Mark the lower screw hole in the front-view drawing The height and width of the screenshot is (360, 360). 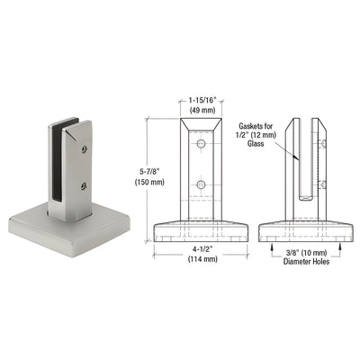201,185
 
